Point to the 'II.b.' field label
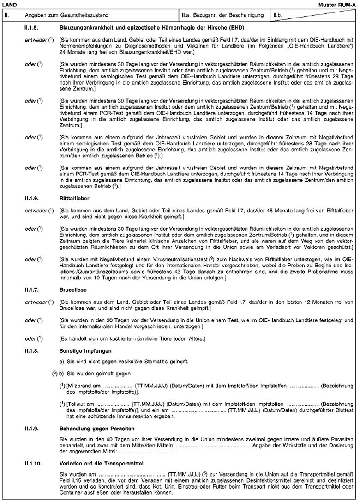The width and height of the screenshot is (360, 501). coord(278,15)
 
